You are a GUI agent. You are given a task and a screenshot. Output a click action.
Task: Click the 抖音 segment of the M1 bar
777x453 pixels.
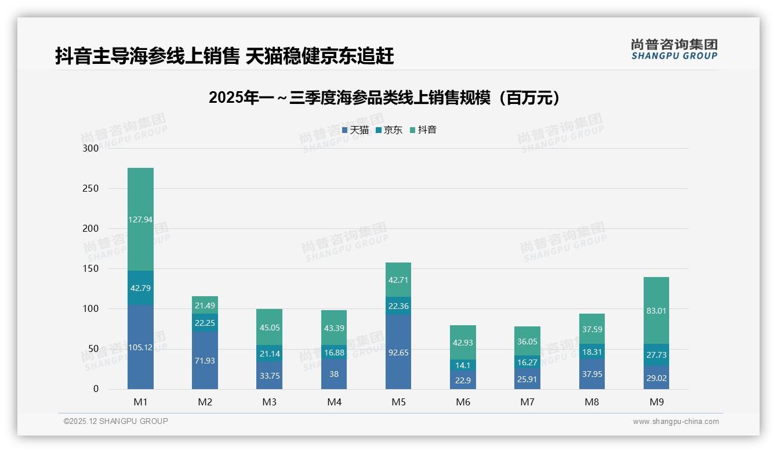click(140, 219)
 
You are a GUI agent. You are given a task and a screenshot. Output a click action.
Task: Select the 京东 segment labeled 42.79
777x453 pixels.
click(140, 288)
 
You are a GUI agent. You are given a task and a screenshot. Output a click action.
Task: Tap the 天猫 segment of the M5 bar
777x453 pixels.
click(398, 352)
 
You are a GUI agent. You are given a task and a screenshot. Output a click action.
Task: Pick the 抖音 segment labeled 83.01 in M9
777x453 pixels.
click(656, 311)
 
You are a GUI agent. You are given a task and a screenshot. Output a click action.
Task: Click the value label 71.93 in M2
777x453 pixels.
click(205, 361)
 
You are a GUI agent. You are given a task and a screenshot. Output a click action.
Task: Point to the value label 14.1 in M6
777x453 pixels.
click(463, 365)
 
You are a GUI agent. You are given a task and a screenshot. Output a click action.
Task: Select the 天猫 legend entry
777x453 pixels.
click(355, 130)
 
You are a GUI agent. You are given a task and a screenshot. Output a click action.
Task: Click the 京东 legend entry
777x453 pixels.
click(389, 130)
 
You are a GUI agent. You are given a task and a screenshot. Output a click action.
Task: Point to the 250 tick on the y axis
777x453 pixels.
click(91, 188)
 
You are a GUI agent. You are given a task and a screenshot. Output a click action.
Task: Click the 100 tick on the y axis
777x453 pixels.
click(91, 309)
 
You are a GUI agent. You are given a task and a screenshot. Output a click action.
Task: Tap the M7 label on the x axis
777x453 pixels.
click(527, 402)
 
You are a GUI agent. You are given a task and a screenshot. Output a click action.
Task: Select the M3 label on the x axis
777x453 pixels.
click(270, 402)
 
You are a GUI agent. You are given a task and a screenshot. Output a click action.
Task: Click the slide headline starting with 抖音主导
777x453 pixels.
click(224, 56)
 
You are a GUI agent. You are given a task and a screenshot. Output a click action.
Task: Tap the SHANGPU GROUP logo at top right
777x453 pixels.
click(674, 49)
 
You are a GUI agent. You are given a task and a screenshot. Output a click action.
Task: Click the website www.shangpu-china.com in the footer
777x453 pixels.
click(676, 422)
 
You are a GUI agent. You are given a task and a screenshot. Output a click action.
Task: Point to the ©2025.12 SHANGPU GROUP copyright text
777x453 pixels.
click(116, 422)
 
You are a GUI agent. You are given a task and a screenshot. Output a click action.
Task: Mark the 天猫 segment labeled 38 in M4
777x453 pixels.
click(334, 374)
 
